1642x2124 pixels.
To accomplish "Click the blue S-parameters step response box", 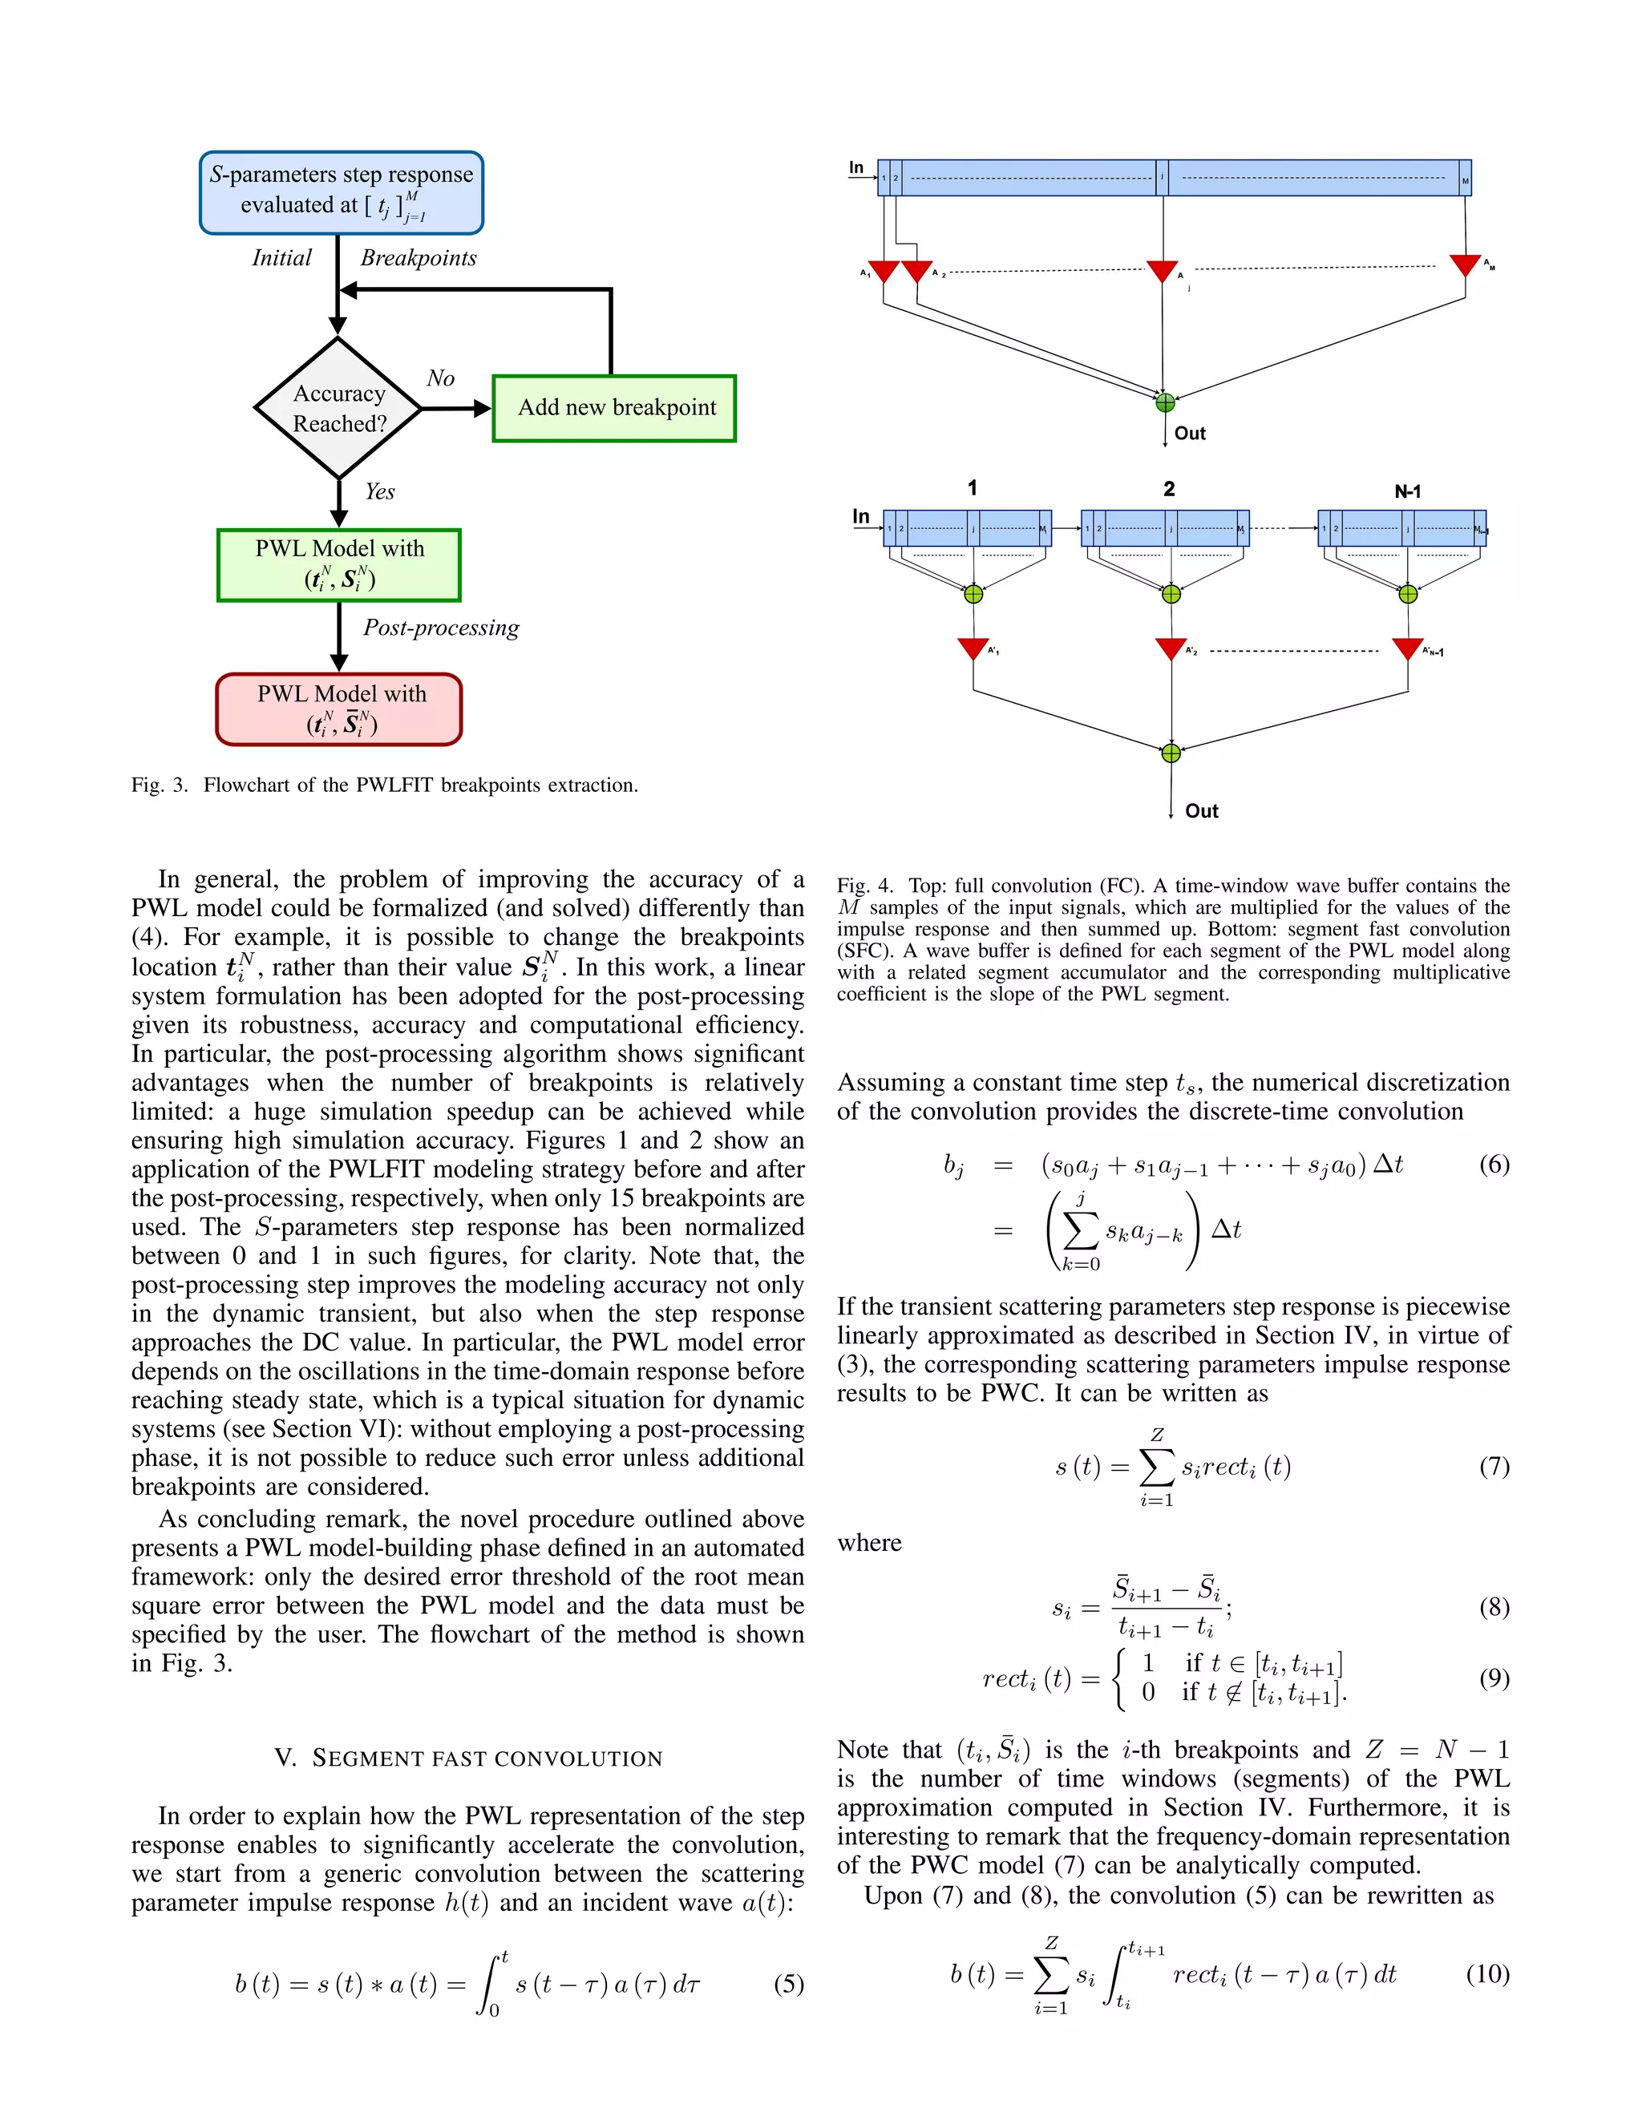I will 342,192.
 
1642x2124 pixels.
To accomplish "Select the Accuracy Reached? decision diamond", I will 338,409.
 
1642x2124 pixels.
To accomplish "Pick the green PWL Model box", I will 338,565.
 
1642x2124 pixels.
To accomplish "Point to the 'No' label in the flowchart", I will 439,378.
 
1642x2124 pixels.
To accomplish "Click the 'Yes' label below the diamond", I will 379,492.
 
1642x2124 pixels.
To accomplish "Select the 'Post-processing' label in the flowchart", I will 441,628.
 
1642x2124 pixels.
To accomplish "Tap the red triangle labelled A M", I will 1465,264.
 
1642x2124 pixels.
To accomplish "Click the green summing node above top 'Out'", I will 1165,402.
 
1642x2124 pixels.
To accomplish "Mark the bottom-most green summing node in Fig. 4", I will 1171,753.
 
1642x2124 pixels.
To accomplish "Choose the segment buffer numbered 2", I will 1165,528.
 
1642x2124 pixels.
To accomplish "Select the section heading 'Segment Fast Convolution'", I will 468,1759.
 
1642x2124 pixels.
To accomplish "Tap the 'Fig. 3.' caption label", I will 160,785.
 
